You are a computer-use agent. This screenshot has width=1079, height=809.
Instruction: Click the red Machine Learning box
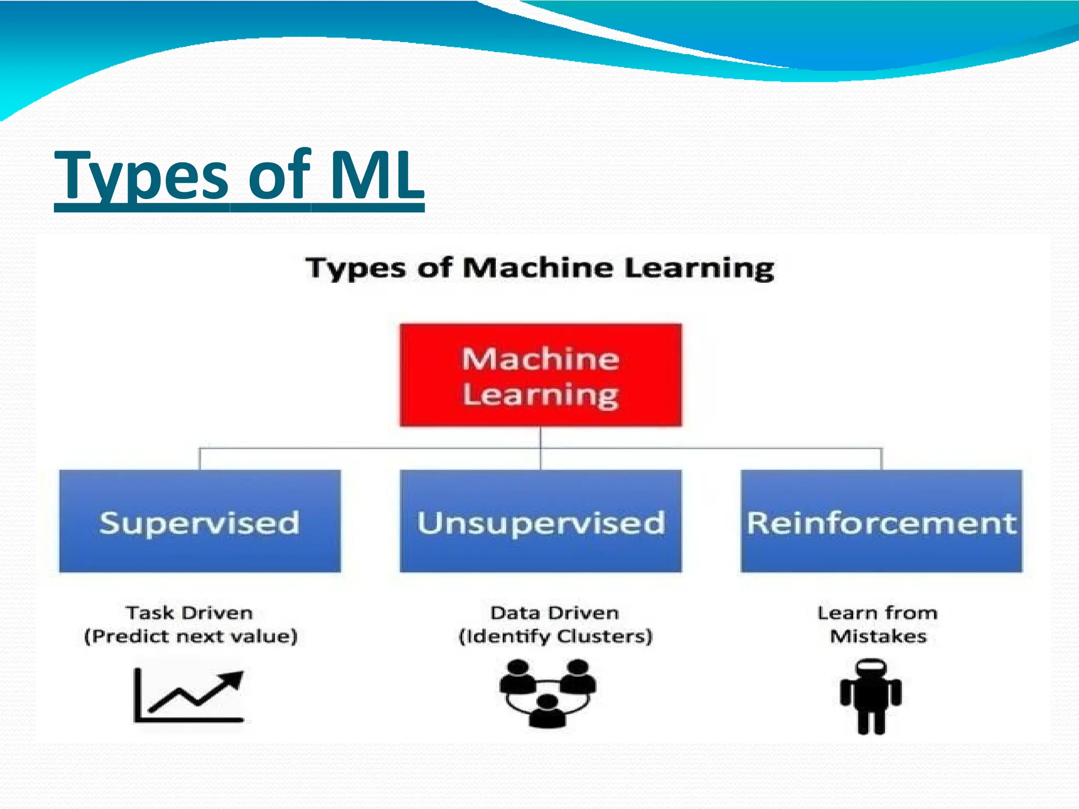tap(541, 374)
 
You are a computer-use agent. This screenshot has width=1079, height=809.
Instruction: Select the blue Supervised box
tap(200, 521)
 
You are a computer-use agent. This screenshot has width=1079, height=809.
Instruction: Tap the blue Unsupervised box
tap(541, 521)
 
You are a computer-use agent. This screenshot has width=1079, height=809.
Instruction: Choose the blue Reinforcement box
tap(881, 521)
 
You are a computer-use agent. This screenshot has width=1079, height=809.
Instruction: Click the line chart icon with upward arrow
tap(189, 695)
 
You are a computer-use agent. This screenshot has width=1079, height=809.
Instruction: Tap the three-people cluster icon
tap(548, 693)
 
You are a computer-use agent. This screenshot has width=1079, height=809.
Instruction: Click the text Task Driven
tap(189, 613)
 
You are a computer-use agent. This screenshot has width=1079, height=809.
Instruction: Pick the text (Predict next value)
tap(191, 636)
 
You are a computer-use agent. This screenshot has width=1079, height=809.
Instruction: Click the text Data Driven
tap(554, 613)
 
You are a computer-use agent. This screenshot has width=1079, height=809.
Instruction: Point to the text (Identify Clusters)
tap(555, 636)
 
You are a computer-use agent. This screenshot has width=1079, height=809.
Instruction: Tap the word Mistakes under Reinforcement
tap(878, 636)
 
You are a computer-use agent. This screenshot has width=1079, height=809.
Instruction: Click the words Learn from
tap(877, 613)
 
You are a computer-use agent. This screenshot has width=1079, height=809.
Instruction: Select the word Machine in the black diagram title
tap(537, 268)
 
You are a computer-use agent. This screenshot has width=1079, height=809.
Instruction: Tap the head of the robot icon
tap(871, 669)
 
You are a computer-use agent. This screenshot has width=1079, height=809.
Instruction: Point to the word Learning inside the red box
tap(541, 395)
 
